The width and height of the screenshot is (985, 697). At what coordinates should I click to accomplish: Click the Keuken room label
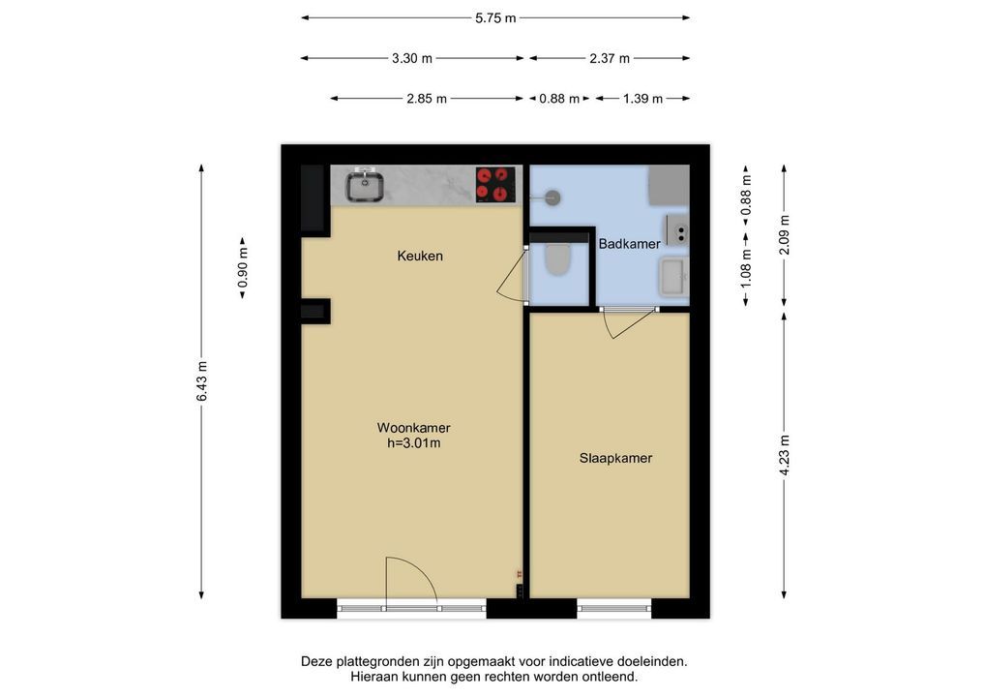[x=420, y=256]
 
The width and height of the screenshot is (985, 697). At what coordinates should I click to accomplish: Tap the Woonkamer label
[x=413, y=428]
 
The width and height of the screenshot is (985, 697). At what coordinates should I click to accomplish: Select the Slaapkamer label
[x=615, y=458]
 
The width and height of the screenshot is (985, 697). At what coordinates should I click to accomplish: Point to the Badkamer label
[x=629, y=244]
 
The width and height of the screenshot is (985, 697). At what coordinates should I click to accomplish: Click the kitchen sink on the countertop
[x=365, y=186]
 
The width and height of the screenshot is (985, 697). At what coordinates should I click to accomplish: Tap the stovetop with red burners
[x=495, y=184]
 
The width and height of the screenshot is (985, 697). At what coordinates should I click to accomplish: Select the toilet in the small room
[x=557, y=259]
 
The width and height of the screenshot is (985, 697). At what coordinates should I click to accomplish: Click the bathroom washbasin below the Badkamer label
[x=673, y=277]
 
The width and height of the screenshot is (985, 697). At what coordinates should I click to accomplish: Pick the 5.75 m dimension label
[x=495, y=18]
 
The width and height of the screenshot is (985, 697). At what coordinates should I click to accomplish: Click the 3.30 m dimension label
[x=412, y=58]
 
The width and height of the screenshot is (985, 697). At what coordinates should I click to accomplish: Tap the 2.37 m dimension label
[x=610, y=58]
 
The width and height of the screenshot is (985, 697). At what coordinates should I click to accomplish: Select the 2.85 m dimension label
[x=427, y=99]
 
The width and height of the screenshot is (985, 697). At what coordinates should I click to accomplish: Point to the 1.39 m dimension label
[x=642, y=99]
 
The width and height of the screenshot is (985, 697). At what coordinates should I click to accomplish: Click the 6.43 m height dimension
[x=201, y=381]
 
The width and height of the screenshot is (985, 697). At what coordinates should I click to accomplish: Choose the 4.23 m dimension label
[x=784, y=456]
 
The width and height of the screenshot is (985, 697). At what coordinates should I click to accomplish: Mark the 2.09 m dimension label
[x=784, y=235]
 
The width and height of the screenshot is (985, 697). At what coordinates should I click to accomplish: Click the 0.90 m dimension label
[x=243, y=268]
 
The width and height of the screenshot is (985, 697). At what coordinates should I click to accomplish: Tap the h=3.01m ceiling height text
[x=413, y=443]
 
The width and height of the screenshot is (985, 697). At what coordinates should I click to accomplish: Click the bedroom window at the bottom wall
[x=614, y=608]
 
